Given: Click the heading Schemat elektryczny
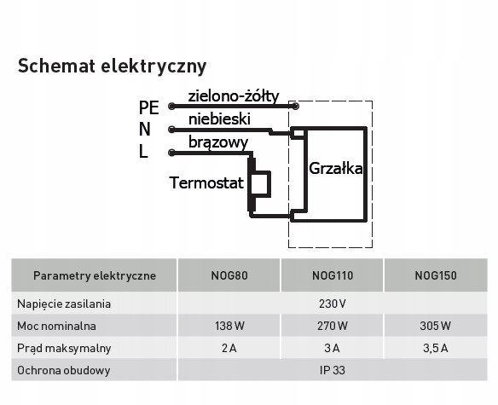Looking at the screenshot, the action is [112, 67].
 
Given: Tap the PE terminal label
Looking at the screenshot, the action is [148, 107].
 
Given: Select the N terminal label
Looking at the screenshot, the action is [144, 130].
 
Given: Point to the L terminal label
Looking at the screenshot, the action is [143, 151].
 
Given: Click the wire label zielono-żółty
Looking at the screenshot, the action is [234, 96].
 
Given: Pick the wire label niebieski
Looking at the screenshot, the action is [219, 119].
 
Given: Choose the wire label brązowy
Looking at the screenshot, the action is [218, 142].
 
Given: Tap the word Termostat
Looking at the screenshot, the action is [206, 182].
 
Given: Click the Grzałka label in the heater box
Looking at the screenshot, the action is [336, 168].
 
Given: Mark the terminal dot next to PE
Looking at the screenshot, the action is [171, 106].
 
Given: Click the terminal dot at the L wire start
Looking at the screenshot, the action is [171, 153].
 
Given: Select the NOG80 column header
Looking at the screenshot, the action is [229, 275].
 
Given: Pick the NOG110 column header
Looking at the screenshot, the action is [333, 275].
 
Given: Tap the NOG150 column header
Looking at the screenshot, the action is [436, 275].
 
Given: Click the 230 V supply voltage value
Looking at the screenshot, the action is [333, 304].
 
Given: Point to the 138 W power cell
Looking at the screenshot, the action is [229, 326].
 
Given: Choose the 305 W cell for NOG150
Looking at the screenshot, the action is [435, 326].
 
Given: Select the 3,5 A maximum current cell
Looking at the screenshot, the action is [436, 348].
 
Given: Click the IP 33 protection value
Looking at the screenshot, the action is [333, 370].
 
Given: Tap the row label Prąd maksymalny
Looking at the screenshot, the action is [64, 349].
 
